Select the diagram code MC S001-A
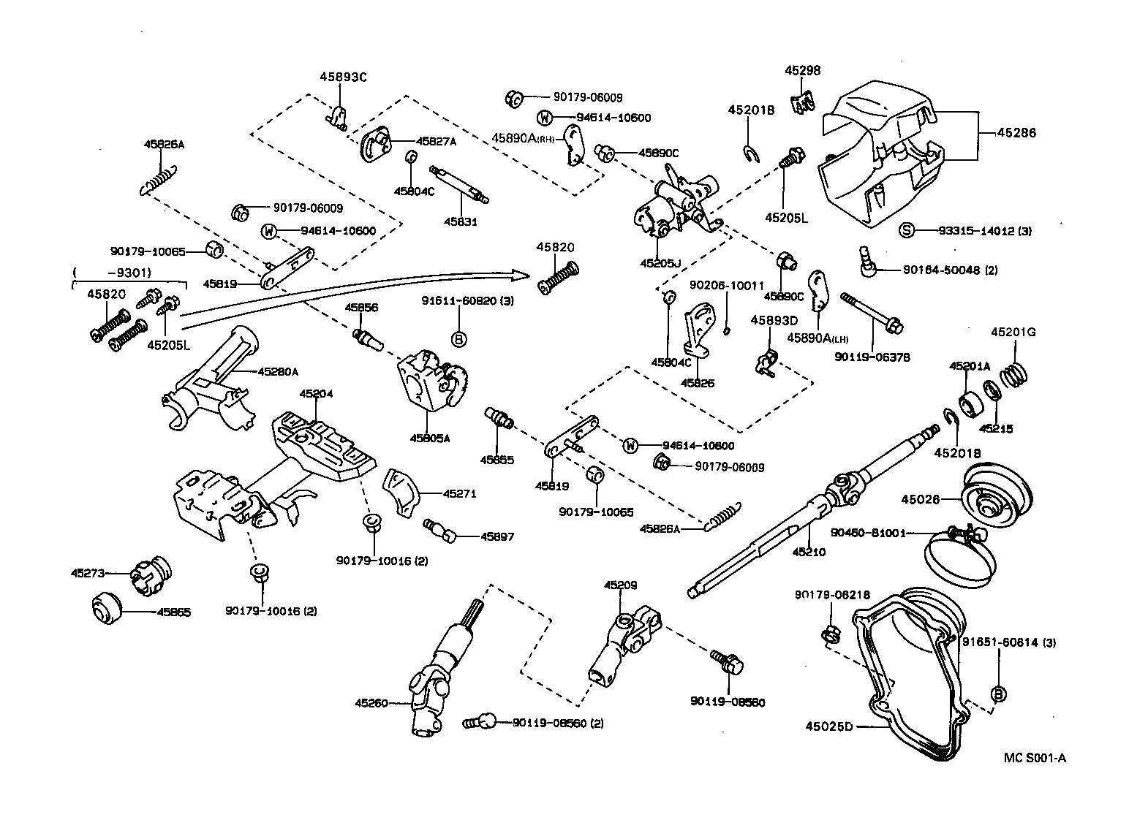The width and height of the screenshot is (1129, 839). pyautogui.click(x=1034, y=758)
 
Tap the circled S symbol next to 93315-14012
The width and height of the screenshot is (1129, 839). pyautogui.click(x=906, y=231)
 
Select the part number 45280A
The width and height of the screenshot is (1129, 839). pyautogui.click(x=277, y=371)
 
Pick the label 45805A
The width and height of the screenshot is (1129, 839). pyautogui.click(x=429, y=439)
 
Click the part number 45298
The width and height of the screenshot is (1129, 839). pyautogui.click(x=802, y=71)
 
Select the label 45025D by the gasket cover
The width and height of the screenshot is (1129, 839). pyautogui.click(x=829, y=726)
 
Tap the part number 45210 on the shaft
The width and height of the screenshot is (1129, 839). pyautogui.click(x=809, y=552)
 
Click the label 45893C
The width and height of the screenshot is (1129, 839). pyautogui.click(x=342, y=77)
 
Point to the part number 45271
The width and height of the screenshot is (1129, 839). pyautogui.click(x=459, y=493)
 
